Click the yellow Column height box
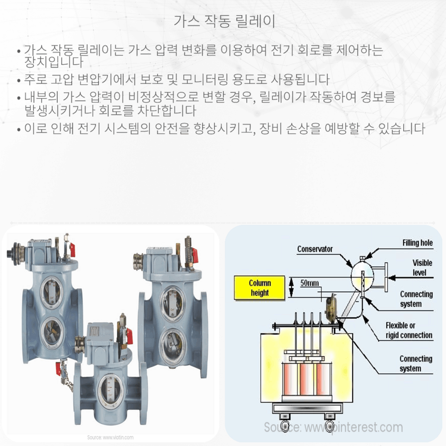pyautogui.click(x=260, y=288)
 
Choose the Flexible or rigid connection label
pyautogui.click(x=409, y=330)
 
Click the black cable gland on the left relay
pyautogui.click(x=9, y=252)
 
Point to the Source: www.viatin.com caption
pyautogui.click(x=110, y=437)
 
